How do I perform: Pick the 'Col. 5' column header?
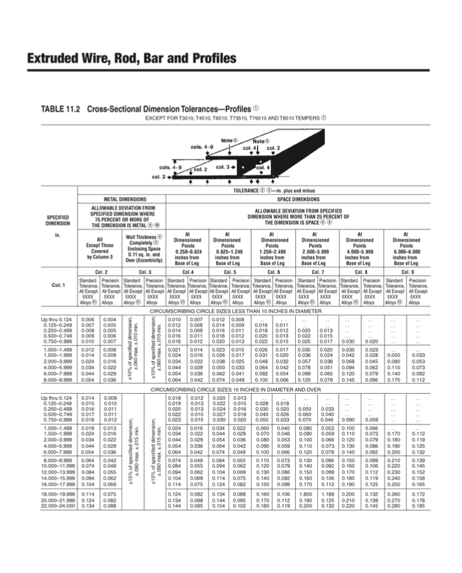(x=230, y=271)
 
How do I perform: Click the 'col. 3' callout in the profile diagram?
(x=223, y=167)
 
